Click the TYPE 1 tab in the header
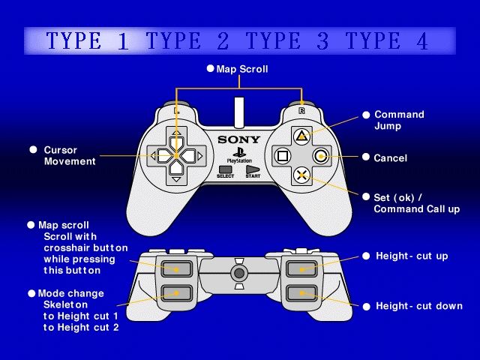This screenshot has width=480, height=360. point(88,40)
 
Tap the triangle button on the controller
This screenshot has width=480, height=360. point(301,136)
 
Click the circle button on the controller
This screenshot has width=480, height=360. point(321,157)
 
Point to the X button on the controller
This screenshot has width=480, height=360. point(301,175)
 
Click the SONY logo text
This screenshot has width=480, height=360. point(238,140)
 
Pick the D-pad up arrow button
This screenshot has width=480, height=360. point(176,142)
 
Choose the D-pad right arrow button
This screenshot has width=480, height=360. point(189,156)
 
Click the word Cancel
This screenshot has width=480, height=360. point(390,158)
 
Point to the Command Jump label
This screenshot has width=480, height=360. point(399,120)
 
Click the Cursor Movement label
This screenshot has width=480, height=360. point(70,155)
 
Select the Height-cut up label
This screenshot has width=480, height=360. point(412,256)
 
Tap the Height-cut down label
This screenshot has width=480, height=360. point(419,306)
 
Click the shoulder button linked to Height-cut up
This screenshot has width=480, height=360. point(301,268)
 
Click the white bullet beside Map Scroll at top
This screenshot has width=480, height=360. point(210,68)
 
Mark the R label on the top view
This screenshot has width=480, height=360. point(301,110)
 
